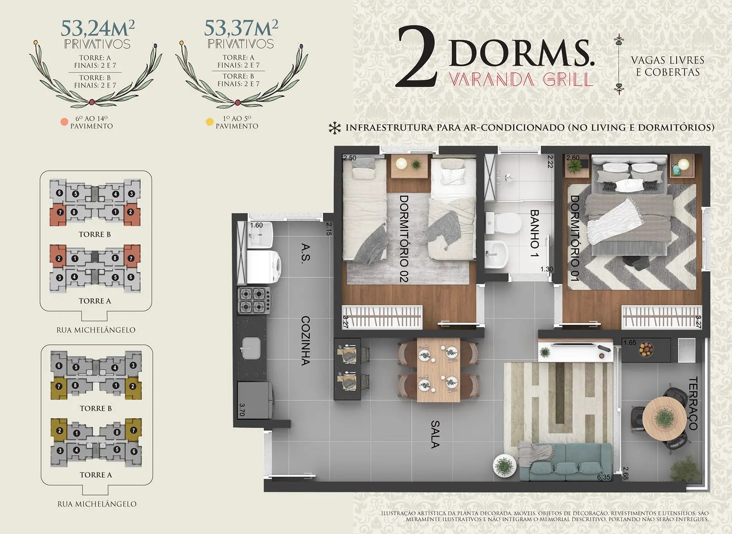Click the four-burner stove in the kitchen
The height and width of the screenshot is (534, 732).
pyautogui.click(x=254, y=300)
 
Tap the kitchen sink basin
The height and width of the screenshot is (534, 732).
pyautogui.click(x=251, y=348)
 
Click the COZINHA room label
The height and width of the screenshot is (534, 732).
pyautogui.click(x=305, y=340)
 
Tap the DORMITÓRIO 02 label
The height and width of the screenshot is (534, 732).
pyautogui.click(x=404, y=239)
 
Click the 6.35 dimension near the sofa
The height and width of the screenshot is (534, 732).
pyautogui.click(x=603, y=477)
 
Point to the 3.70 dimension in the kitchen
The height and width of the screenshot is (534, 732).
pyautogui.click(x=242, y=410)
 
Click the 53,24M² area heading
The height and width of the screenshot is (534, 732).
pyautogui.click(x=97, y=28)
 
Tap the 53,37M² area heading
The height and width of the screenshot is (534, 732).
pyautogui.click(x=241, y=28)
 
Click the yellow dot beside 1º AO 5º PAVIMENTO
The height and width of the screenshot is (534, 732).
pyautogui.click(x=210, y=122)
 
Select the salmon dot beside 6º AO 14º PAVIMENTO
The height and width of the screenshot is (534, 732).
pyautogui.click(x=65, y=122)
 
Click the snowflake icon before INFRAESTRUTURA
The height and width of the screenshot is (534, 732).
pyautogui.click(x=334, y=128)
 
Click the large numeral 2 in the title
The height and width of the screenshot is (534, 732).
pyautogui.click(x=417, y=57)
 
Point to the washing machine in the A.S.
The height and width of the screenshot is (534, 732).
pyautogui.click(x=264, y=267)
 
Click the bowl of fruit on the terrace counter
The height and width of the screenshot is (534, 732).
pyautogui.click(x=646, y=349)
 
